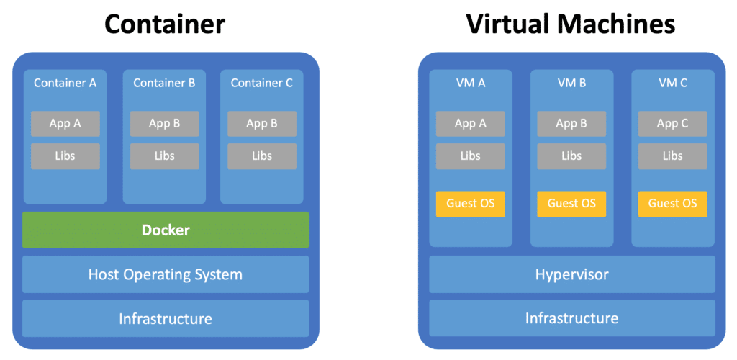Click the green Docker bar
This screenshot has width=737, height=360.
tap(166, 230)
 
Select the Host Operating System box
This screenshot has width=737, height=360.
tap(166, 274)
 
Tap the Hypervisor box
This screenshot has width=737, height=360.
tap(571, 274)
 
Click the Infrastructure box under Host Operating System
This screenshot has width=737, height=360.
tap(166, 318)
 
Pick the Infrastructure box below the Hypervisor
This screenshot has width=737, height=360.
tap(571, 318)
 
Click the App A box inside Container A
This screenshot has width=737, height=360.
tap(65, 123)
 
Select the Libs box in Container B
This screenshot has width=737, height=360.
tap(164, 156)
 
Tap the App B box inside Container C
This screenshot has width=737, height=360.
tap(262, 123)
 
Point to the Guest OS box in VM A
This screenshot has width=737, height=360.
tap(471, 203)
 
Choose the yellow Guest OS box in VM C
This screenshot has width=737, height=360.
tap(672, 203)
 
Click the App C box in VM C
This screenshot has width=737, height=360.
tap(672, 123)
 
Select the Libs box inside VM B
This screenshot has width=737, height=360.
tap(571, 156)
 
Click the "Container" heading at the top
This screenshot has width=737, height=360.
tap(165, 24)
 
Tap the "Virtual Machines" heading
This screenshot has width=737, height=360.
tap(571, 24)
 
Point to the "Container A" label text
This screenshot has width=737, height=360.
tap(65, 83)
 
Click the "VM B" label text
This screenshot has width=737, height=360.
tap(571, 83)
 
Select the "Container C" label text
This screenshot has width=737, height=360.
tap(262, 83)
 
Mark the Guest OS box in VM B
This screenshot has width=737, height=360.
tap(571, 203)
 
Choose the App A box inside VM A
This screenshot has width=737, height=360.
tap(471, 123)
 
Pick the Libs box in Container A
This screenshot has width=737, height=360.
tap(65, 156)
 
